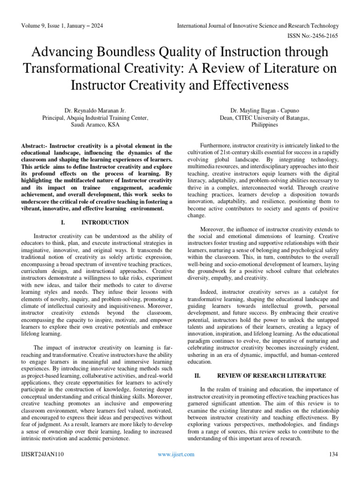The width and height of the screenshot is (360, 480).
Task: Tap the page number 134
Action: (x=334, y=454)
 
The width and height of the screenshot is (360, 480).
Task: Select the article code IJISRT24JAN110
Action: (x=42, y=454)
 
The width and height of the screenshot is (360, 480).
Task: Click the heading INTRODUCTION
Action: (x=105, y=222)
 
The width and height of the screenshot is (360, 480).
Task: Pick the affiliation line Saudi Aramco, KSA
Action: (x=95, y=125)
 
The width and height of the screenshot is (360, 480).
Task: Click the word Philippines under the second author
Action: (x=264, y=125)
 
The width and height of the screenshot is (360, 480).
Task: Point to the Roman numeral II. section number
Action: (x=197, y=376)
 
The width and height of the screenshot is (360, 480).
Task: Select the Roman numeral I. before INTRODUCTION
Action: (x=63, y=222)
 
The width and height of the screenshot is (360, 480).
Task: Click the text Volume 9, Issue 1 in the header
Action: (x=43, y=26)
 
